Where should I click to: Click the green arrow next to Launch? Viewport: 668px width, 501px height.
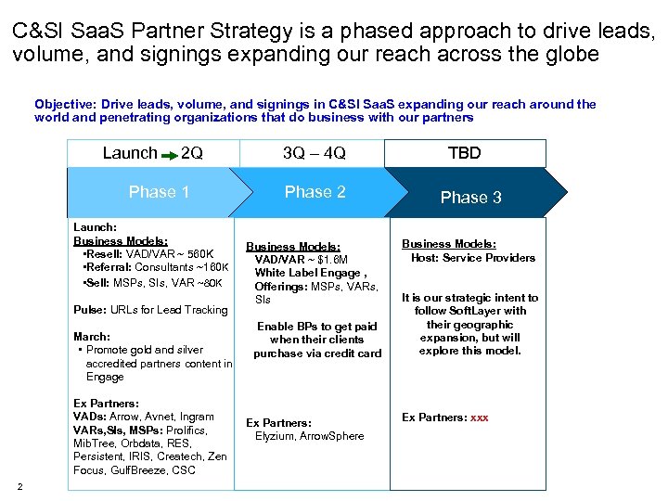click(x=170, y=154)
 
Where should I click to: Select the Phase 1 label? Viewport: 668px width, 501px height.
click(x=159, y=192)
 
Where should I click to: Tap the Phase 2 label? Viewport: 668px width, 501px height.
click(x=315, y=192)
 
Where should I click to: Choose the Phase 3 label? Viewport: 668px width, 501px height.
click(x=470, y=197)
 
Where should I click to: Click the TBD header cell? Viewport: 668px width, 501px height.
click(x=464, y=153)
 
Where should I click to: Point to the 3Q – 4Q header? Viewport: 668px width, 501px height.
click(x=314, y=153)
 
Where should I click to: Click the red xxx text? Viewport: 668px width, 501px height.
click(x=479, y=417)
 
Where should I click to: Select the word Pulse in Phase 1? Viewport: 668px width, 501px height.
click(x=88, y=310)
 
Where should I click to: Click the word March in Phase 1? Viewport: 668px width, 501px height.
click(x=91, y=337)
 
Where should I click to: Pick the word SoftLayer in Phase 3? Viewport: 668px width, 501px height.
click(x=501, y=311)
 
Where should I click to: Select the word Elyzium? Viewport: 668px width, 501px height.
click(x=276, y=436)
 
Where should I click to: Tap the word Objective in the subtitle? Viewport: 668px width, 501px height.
click(x=65, y=105)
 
